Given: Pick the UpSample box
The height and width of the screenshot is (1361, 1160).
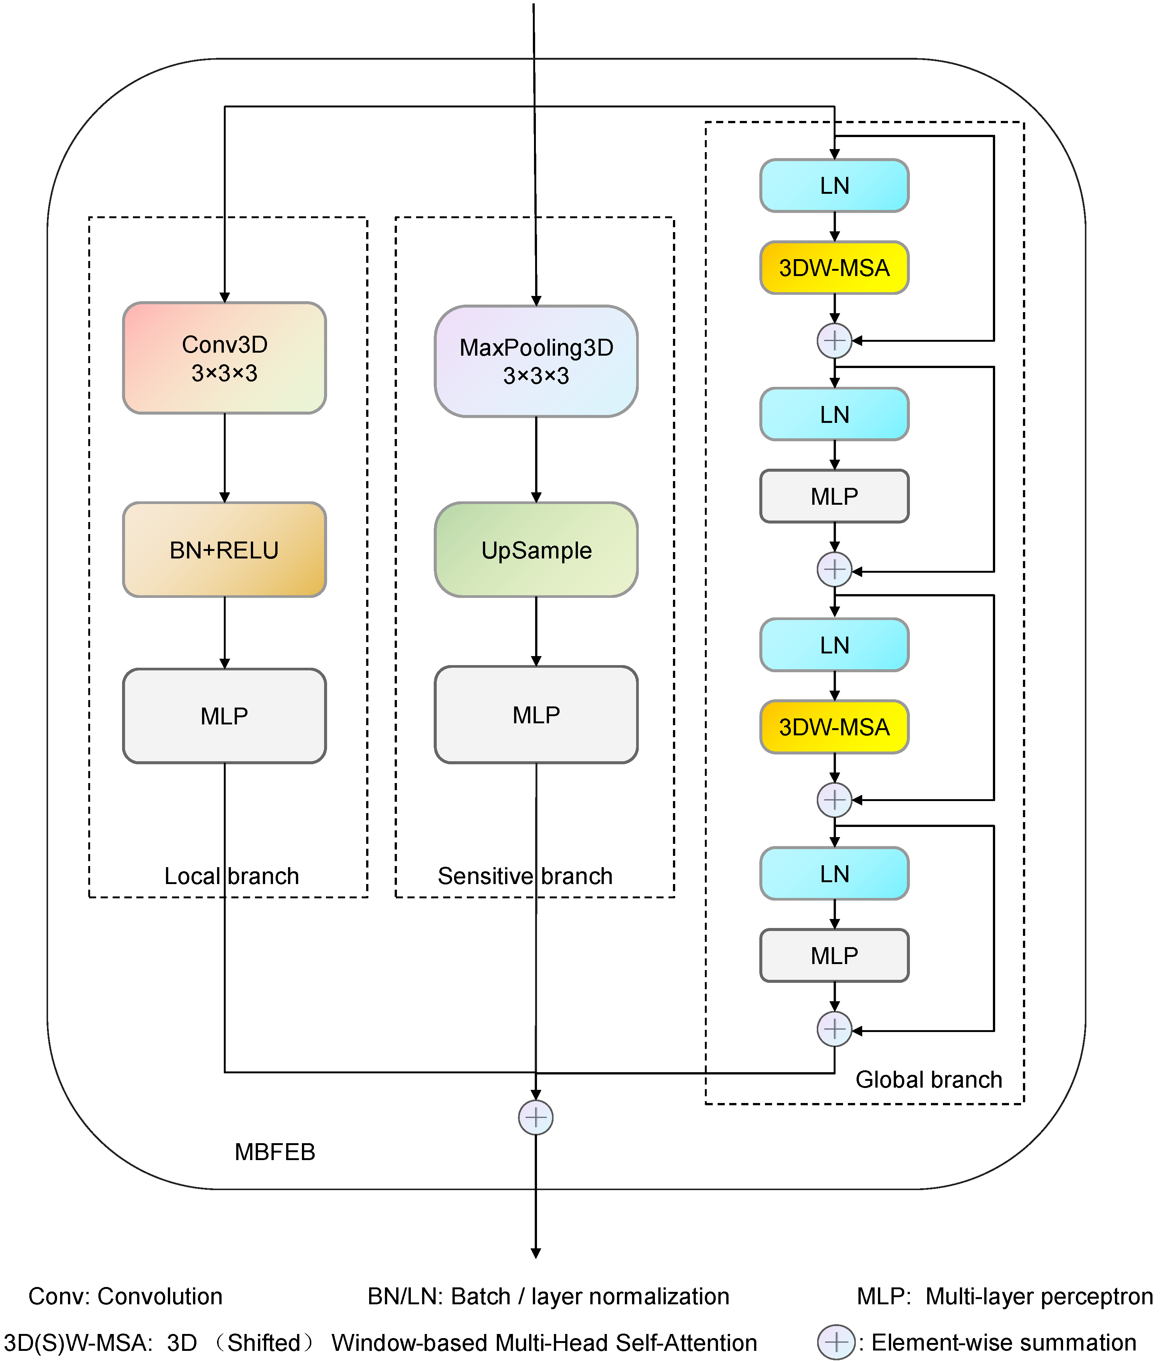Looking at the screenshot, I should [536, 550].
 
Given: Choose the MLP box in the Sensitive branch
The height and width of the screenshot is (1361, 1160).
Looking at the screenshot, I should [536, 715].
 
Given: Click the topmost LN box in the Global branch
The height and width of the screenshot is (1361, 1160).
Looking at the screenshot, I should [834, 186].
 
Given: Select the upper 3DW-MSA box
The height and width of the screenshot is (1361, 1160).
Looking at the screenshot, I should [834, 268].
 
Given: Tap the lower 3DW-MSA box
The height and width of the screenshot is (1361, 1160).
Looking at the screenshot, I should [834, 727].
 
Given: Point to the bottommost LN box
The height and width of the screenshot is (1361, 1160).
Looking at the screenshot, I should [834, 874].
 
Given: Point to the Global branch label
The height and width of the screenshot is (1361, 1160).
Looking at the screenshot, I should [929, 1080].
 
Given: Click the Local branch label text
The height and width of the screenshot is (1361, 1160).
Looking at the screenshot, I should [231, 876].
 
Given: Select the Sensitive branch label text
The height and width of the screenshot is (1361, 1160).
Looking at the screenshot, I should [525, 876].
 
